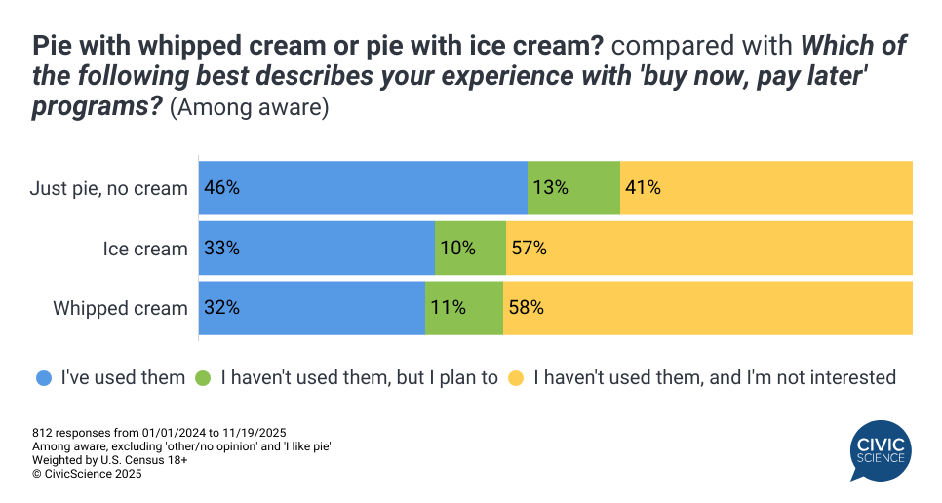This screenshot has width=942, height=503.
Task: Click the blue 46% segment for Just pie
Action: pos(363,188)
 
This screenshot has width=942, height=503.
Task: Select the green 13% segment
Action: pos(573,188)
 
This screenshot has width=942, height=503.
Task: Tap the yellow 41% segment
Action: pos(765,188)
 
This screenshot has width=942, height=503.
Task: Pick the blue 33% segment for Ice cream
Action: pos(316,249)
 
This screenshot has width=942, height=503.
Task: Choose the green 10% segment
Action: pos(470,249)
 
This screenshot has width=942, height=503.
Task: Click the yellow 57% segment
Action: pos(709,249)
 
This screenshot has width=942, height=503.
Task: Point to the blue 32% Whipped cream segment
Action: pos(311,308)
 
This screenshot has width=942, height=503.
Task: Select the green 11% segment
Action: pos(463,308)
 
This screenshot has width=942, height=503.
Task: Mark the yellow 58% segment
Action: pos(707,308)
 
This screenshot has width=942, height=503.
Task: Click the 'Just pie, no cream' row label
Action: pos(108,189)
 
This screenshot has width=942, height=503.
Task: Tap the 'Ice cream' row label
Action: pos(145,250)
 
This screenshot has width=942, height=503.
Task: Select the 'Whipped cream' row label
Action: pos(120,309)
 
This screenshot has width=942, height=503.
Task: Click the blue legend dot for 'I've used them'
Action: pos(44,377)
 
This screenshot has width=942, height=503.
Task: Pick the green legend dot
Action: pos(204,377)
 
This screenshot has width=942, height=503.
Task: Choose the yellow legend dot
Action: pos(517,377)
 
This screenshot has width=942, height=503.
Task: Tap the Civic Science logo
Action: pos(881,449)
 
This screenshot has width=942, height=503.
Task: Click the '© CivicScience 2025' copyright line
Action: pos(87,475)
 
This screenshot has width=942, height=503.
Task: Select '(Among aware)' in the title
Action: pos(249,108)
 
